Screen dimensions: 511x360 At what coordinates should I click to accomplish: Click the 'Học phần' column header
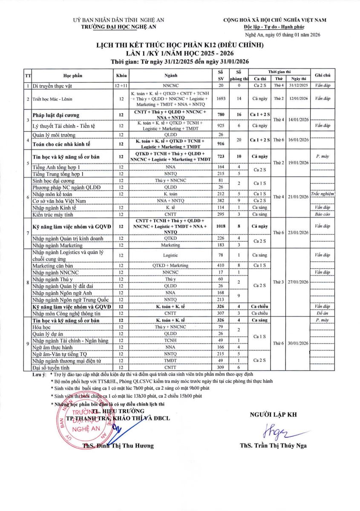tap(73, 75)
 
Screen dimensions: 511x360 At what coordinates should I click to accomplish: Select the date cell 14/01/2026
tap(298, 120)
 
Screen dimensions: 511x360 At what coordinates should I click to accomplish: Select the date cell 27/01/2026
tap(298, 282)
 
